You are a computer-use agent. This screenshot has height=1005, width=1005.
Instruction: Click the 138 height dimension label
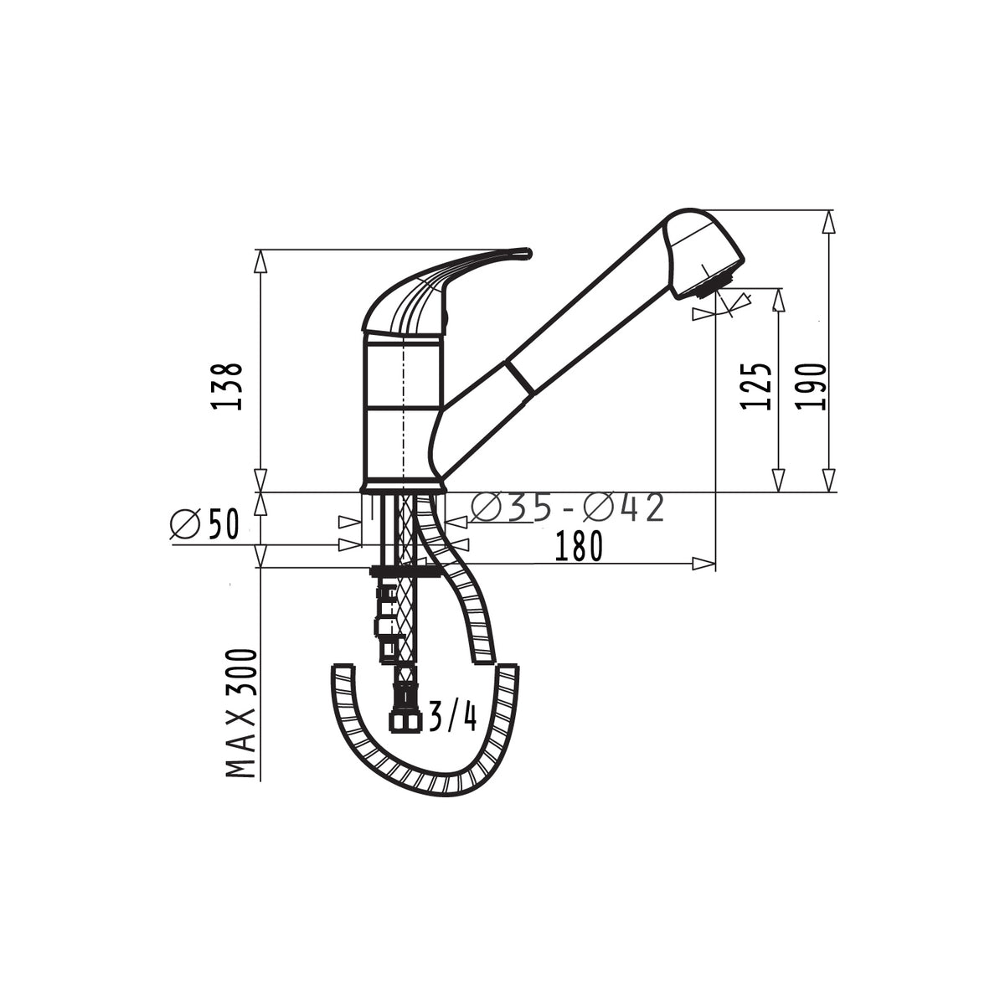(228, 386)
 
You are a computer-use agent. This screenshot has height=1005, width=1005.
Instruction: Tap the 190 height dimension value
(812, 386)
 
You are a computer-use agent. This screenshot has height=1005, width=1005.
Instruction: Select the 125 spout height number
(756, 386)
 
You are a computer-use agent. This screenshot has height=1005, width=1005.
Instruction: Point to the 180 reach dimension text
(579, 546)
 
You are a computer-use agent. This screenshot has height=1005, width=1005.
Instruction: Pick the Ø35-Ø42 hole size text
(567, 507)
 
